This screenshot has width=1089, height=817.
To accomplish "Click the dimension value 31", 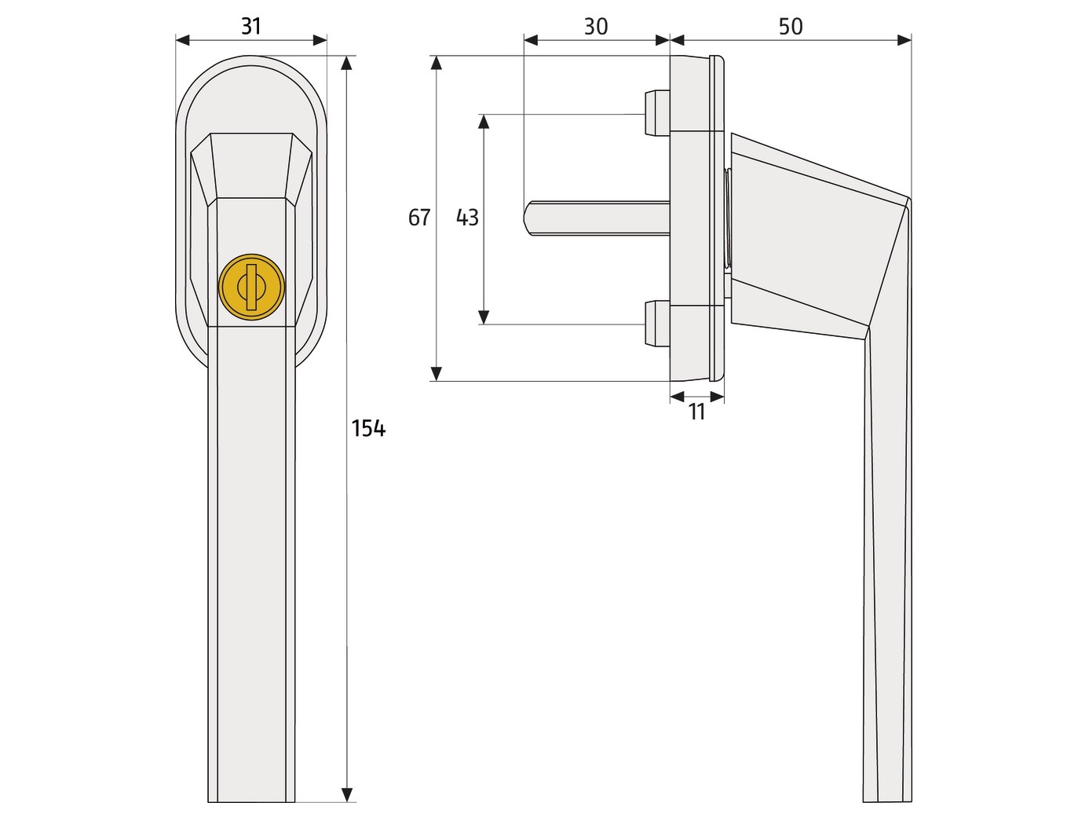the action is [x=251, y=26].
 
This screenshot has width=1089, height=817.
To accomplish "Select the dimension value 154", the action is [x=368, y=428].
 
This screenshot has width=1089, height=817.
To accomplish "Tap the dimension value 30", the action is [x=595, y=26].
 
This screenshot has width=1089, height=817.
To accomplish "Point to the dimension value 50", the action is [x=791, y=26].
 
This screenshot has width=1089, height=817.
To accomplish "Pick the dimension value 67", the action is [x=419, y=218].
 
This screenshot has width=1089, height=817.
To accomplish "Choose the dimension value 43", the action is [x=467, y=218].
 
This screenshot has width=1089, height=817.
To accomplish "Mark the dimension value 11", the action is [x=697, y=412].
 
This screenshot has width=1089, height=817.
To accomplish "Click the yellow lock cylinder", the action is [x=251, y=288].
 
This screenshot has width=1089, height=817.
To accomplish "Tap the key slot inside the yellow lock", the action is [x=251, y=288].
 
